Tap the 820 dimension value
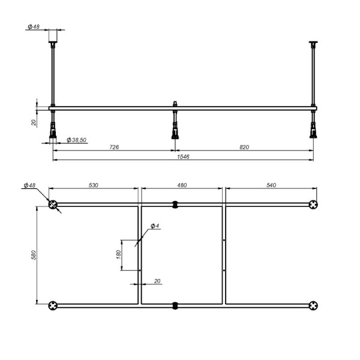(x=243, y=146)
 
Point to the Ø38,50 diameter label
(x=77, y=139)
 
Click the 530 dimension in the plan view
(x=94, y=186)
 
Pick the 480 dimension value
(x=182, y=186)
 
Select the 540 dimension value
(x=270, y=186)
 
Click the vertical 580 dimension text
(x=35, y=255)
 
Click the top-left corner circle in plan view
(x=54, y=205)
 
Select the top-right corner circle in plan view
(x=313, y=205)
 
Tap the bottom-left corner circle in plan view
(x=54, y=305)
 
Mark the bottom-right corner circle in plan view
(x=313, y=305)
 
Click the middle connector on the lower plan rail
(x=175, y=305)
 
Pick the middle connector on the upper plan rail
(x=175, y=205)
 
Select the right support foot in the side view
(x=313, y=129)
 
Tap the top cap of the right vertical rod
(x=313, y=44)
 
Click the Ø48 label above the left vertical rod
(x=34, y=27)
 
